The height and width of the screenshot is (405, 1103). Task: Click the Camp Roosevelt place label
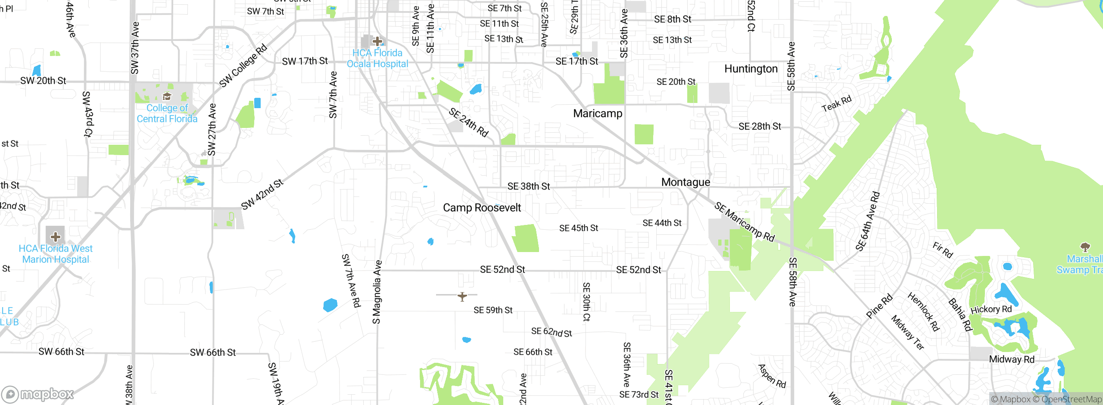(482, 208)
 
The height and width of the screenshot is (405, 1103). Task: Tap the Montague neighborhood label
(685, 182)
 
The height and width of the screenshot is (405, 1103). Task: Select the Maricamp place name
(598, 114)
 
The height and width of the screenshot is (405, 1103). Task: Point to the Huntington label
(751, 69)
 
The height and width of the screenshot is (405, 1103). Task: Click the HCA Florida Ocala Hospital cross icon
(377, 41)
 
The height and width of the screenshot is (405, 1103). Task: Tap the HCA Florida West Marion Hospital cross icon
(55, 237)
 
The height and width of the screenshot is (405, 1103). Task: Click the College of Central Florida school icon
(167, 96)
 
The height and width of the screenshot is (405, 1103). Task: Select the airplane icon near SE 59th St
(462, 296)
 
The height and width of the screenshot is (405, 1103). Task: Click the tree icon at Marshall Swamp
(1085, 247)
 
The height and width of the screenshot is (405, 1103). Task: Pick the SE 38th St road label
(528, 187)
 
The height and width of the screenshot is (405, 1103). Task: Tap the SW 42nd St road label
(262, 194)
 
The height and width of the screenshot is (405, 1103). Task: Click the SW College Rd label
(243, 65)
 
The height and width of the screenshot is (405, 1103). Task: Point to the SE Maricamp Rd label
(744, 222)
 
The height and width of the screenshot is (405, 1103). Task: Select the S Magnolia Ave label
(377, 292)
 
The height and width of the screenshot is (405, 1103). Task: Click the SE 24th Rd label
(468, 122)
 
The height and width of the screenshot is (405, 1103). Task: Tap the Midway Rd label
(1011, 359)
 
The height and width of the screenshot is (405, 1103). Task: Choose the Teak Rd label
(836, 104)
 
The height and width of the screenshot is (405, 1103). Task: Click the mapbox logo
(38, 394)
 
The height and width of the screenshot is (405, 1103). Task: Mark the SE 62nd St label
(551, 332)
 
